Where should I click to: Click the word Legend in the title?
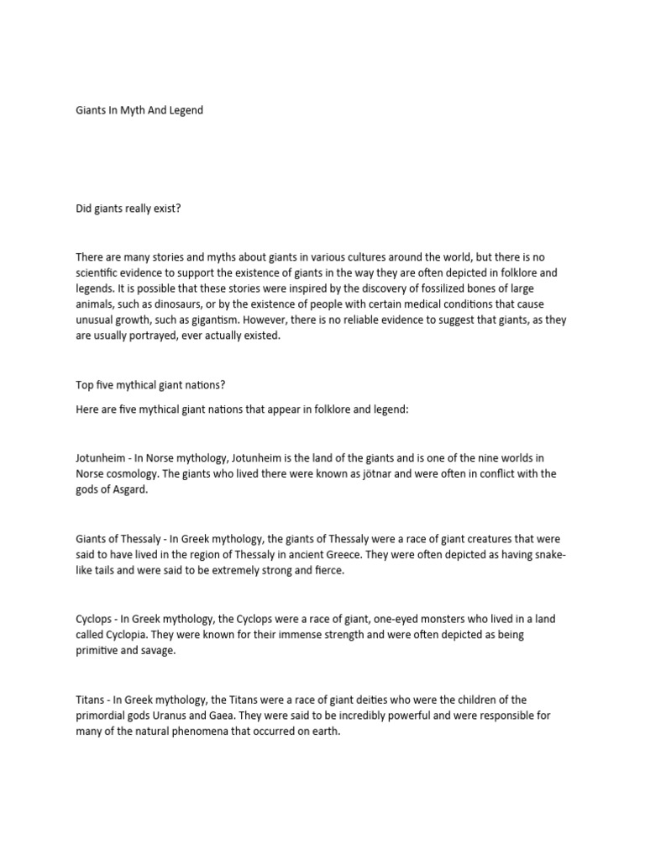[185, 110]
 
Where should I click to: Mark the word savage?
[155, 652]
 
